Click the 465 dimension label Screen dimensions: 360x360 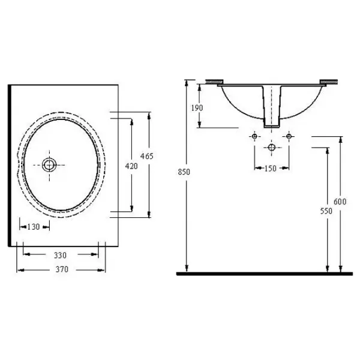coord(147,156)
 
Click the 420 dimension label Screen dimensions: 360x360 coord(131,166)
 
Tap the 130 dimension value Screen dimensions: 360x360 coord(34,227)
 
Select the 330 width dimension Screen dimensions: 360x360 coord(60,255)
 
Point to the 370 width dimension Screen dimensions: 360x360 coord(62,269)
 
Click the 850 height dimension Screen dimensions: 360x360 coord(184,172)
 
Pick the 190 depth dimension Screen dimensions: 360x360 coord(197,107)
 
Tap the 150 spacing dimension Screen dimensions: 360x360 coord(270,169)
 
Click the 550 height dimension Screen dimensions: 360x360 coord(326,211)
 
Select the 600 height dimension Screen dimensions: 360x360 coord(340,202)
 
